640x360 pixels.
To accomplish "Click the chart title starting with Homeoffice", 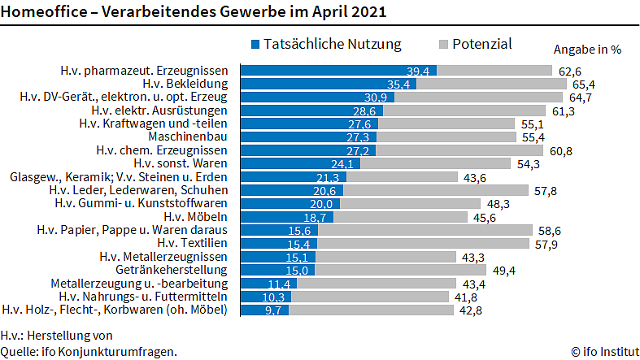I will [x=194, y=13].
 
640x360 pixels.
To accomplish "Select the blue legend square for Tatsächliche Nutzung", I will [x=256, y=44].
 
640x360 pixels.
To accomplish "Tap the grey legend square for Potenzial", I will [x=442, y=44].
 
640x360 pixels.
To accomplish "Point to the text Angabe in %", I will [x=587, y=49].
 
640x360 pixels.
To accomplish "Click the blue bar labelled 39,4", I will [x=338, y=70].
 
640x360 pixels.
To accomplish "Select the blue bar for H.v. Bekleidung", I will [x=329, y=84].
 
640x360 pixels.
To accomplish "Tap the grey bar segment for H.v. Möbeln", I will [x=401, y=217].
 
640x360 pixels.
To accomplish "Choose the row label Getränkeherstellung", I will [x=176, y=270].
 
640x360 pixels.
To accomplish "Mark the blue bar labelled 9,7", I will [x=264, y=310].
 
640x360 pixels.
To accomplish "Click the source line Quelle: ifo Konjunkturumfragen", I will [x=89, y=351].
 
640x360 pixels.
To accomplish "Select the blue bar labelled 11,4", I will [x=268, y=283].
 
